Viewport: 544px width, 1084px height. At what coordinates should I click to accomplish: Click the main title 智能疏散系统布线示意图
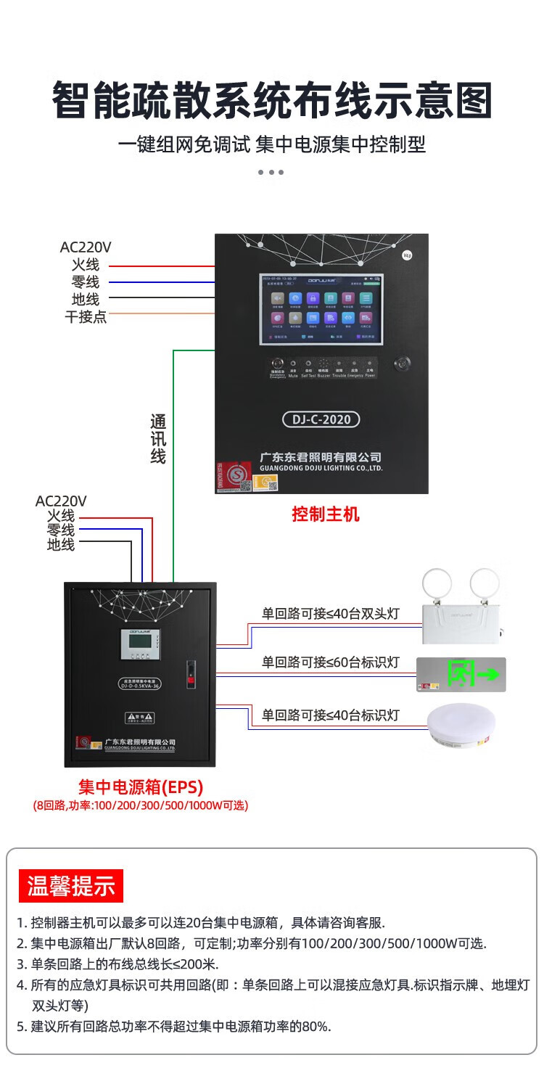[x=272, y=101]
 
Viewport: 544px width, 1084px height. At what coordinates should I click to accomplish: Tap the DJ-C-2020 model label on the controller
[x=321, y=419]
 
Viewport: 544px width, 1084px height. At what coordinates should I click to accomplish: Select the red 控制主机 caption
[x=326, y=514]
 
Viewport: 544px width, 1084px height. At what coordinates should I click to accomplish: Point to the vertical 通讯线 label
[x=158, y=439]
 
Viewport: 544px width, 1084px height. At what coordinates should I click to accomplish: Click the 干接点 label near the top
[x=86, y=316]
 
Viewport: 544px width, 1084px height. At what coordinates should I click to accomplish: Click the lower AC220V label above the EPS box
[x=61, y=501]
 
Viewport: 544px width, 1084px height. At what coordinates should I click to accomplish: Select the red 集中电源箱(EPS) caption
[x=141, y=787]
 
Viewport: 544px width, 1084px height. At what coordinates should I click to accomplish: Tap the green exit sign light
[x=461, y=675]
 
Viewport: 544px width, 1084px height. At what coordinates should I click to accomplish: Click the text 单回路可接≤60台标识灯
[x=331, y=662]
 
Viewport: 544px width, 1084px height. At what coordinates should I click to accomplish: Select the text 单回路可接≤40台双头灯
[x=331, y=614]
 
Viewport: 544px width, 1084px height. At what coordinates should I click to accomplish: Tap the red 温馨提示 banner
[x=71, y=886]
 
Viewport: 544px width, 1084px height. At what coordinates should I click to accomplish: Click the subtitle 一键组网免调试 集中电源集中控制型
[x=272, y=144]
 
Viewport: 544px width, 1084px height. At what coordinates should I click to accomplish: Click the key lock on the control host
[x=401, y=364]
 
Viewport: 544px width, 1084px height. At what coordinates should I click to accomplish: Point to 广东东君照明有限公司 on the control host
[x=321, y=457]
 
